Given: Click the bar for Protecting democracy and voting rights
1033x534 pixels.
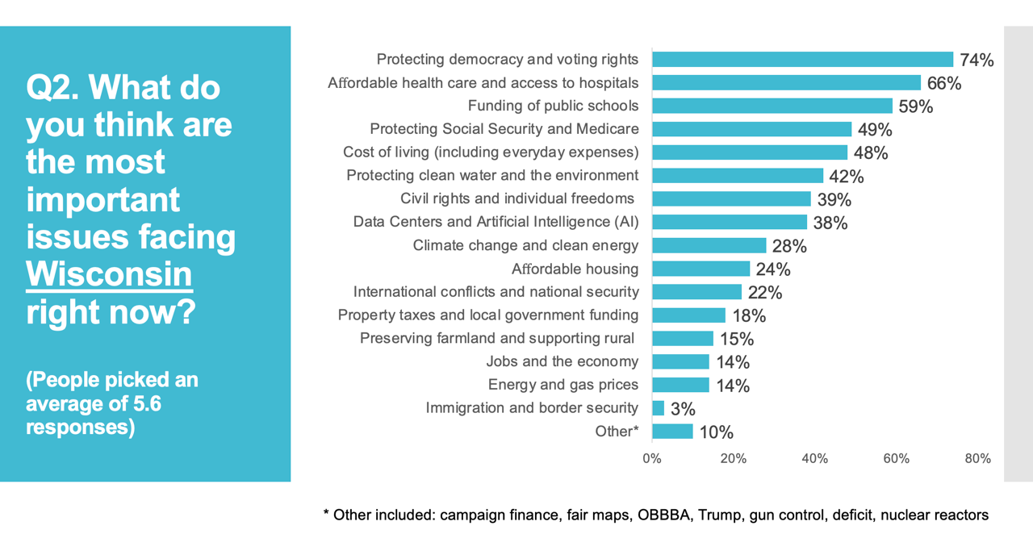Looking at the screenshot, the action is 802,60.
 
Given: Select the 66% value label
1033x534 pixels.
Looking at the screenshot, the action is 944,83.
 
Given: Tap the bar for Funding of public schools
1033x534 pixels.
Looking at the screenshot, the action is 772,106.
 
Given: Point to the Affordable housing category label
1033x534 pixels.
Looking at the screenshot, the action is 575,269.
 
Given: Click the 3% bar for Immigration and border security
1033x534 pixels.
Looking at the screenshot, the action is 658,408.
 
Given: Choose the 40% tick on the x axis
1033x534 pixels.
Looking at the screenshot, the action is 815,458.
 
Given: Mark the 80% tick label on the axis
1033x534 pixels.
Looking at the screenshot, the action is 977,458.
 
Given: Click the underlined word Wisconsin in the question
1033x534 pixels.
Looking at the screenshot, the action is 109,274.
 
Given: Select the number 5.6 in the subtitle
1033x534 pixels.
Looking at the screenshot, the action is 147,404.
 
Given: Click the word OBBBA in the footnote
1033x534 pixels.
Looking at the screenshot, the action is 663,515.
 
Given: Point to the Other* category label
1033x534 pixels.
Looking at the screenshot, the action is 617,432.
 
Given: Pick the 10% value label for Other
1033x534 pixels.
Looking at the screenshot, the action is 716,432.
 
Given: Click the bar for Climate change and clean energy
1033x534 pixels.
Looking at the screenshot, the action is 709,245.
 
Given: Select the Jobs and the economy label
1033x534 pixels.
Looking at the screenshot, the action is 563,361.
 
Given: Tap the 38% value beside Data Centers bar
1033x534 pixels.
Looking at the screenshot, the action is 830,223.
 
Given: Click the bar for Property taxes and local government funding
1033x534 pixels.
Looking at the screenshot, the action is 688,315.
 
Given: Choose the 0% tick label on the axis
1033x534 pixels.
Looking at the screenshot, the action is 652,458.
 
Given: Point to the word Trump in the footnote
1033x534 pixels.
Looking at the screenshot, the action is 721,515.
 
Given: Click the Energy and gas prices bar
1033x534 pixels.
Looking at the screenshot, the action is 680,385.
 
